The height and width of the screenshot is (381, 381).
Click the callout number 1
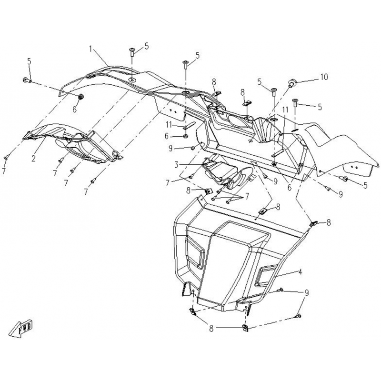click(x=90, y=49)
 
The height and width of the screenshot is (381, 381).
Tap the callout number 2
click(x=33, y=158)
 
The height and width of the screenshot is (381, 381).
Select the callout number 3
click(x=176, y=164)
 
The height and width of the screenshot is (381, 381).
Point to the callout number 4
click(x=300, y=271)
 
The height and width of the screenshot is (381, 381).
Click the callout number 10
click(x=324, y=77)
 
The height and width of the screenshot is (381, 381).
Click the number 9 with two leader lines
click(x=307, y=293)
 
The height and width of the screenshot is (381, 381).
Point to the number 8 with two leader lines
click(x=211, y=330)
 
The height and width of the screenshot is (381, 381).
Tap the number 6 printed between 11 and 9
click(x=166, y=136)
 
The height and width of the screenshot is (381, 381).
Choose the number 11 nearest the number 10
click(x=285, y=110)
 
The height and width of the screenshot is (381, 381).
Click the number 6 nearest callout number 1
click(x=74, y=110)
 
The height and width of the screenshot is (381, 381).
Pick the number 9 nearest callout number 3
click(x=170, y=148)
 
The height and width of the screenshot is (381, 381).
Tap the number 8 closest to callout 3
click(x=188, y=190)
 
